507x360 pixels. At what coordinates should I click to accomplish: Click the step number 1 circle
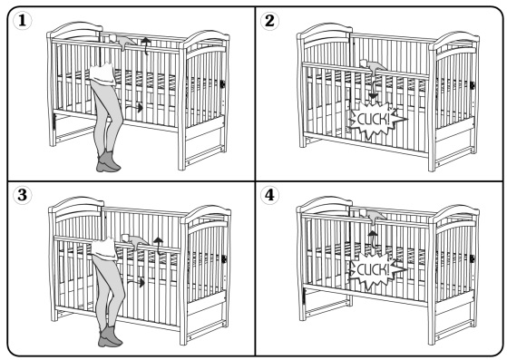[x=22, y=21]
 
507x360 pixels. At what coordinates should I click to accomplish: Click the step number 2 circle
[x=269, y=21]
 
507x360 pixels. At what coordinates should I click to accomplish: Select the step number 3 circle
[x=22, y=195]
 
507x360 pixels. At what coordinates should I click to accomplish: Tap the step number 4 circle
[x=269, y=195]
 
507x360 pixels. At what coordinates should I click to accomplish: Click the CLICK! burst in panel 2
[x=376, y=120]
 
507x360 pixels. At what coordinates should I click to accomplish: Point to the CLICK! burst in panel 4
[x=376, y=269]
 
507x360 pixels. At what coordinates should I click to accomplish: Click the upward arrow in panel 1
[x=146, y=45]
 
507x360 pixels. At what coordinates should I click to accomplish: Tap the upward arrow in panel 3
[x=158, y=246]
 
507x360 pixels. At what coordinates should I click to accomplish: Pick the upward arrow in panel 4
[x=373, y=239]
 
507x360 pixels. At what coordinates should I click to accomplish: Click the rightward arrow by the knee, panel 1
[x=133, y=108]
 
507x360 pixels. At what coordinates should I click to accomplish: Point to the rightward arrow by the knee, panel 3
[x=135, y=283]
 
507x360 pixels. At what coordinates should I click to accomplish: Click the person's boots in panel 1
[x=108, y=161]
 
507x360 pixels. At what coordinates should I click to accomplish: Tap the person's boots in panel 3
[x=110, y=336]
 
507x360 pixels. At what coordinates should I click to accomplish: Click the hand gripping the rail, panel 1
[x=122, y=41]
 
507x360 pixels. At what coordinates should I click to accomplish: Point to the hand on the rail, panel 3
[x=134, y=240]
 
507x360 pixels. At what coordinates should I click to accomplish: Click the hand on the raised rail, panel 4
[x=373, y=216]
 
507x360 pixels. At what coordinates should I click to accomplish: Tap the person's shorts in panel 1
[x=102, y=75]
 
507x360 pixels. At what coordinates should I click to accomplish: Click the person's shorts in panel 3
[x=103, y=248]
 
